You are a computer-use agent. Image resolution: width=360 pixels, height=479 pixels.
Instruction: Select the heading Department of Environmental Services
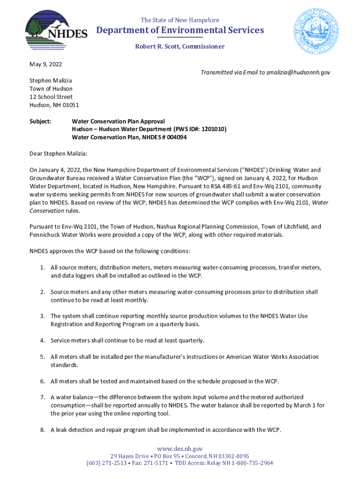180,30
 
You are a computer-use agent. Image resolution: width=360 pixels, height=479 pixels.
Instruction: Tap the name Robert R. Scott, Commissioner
180,46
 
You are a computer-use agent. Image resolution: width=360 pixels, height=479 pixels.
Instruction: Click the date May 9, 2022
46,64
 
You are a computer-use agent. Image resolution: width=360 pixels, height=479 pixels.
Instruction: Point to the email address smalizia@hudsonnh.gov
298,73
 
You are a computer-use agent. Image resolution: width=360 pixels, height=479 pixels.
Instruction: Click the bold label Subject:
40,121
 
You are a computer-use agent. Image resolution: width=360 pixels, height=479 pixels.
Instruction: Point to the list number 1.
42,268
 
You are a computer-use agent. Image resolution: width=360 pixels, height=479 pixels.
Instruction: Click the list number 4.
42,340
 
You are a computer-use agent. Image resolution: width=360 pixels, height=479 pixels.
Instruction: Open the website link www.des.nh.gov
180,449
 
